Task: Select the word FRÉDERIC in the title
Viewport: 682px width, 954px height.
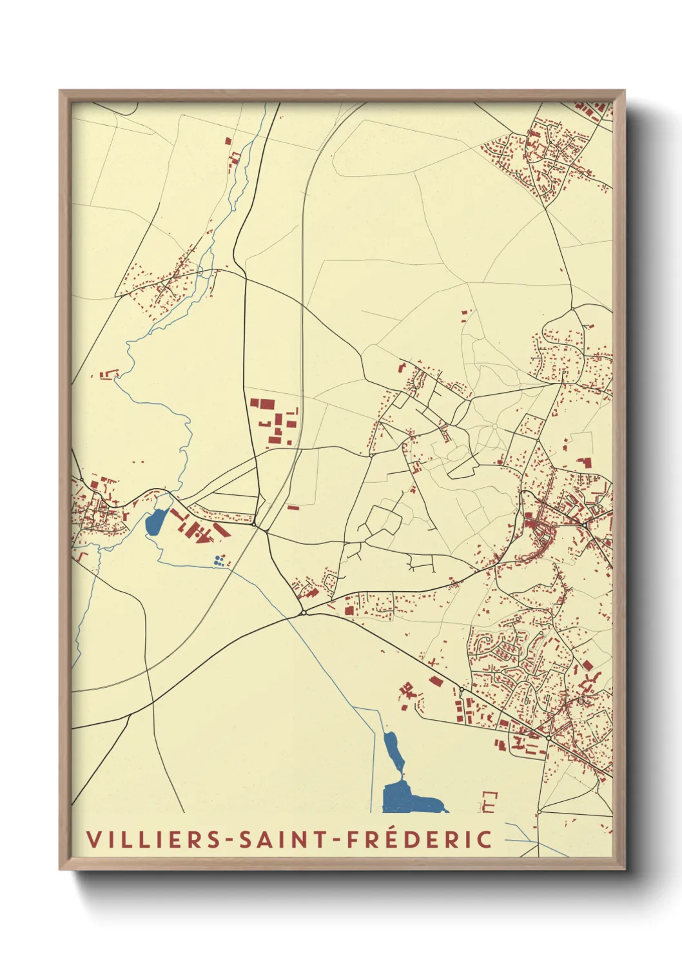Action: coord(420,839)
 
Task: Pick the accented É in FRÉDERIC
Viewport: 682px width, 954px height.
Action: coord(396,838)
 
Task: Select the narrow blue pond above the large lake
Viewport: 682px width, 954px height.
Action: coord(393,751)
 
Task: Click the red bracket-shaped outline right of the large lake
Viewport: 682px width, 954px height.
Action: coord(490,801)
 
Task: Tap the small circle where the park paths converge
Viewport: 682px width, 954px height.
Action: coord(494,426)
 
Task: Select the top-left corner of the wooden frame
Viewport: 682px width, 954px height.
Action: coord(60,91)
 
